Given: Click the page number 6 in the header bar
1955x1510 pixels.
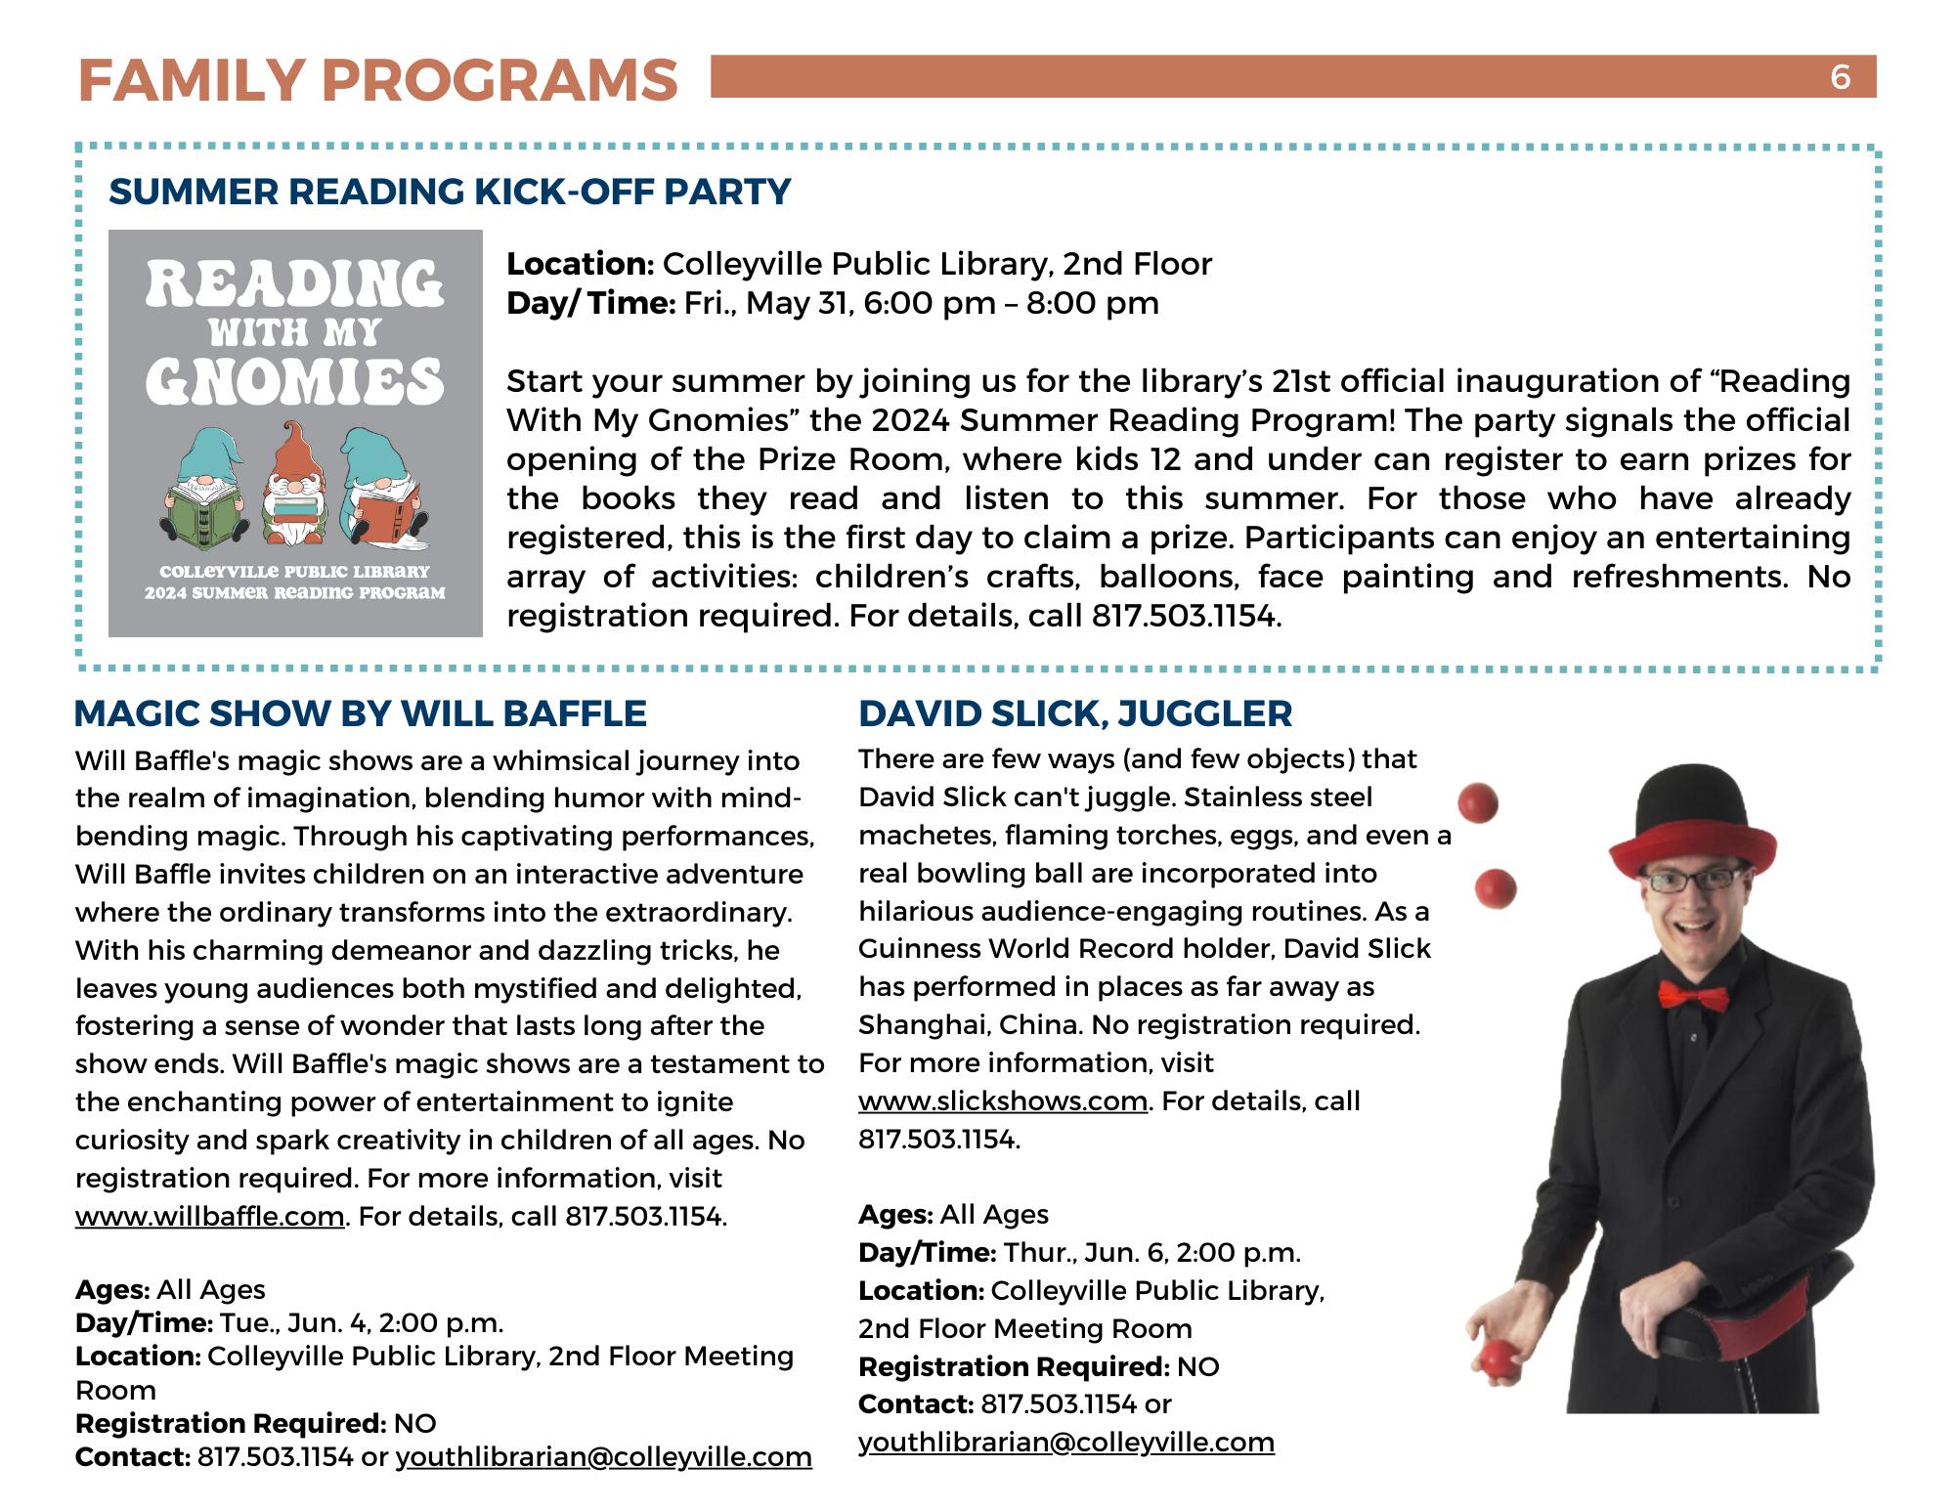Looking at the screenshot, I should [1840, 76].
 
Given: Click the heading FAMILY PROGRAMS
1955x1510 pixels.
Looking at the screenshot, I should [377, 80].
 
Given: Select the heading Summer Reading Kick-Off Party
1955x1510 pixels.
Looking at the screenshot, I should [450, 192].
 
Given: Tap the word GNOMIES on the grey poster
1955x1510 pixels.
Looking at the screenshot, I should [295, 381].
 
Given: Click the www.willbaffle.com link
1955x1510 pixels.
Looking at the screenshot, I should [210, 1217].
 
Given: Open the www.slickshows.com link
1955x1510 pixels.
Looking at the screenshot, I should [1003, 1101].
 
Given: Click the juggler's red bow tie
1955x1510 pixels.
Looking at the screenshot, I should [1692, 996].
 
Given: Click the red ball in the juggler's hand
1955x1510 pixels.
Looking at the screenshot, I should [1497, 1358].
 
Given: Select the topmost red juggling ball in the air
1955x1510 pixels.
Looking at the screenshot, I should [1478, 803].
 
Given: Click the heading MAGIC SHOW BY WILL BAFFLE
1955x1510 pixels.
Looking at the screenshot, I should [361, 713].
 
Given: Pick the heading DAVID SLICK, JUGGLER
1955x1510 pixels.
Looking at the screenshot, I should [1075, 713].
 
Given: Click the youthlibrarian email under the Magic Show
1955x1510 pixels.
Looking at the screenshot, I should [603, 1457].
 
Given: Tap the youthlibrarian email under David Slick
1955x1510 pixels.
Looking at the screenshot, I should [1066, 1443].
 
